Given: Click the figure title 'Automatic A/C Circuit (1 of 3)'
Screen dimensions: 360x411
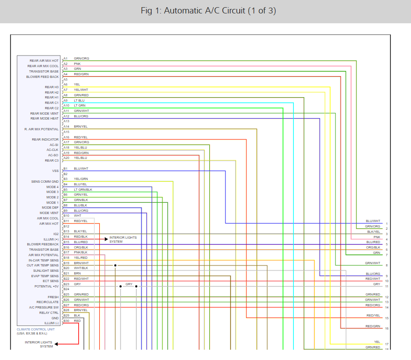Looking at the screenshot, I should (208, 11).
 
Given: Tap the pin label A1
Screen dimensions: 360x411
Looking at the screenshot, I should (65, 58).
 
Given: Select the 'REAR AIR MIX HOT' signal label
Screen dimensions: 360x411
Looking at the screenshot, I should (44, 61).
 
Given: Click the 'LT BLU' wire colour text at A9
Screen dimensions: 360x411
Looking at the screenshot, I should (79, 100).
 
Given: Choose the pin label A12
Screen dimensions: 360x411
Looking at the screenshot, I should (66, 116).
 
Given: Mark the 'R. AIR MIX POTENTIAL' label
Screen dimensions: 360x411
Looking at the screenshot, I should (41, 129).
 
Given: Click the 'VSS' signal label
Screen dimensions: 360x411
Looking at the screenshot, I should (55, 171).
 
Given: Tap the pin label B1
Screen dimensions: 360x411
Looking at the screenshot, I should (65, 169).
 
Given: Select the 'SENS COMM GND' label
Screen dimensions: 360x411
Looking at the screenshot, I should (45, 182).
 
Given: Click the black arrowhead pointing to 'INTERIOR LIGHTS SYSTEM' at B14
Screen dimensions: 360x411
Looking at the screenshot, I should (106, 239).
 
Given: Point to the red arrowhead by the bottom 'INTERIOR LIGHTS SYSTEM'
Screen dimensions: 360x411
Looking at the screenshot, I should (56, 344).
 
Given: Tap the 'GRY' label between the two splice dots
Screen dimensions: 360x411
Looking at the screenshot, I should (129, 284).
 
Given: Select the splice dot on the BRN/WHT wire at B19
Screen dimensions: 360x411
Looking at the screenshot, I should (115, 265).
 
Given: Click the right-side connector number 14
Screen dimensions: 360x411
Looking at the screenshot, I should (386, 308).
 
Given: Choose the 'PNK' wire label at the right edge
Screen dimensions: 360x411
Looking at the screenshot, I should (377, 237).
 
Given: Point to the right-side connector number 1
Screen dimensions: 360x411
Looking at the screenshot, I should (386, 223).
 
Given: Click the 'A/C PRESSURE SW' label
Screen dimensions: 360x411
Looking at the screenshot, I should (44, 307).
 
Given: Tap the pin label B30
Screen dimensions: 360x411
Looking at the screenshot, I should (66, 321).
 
